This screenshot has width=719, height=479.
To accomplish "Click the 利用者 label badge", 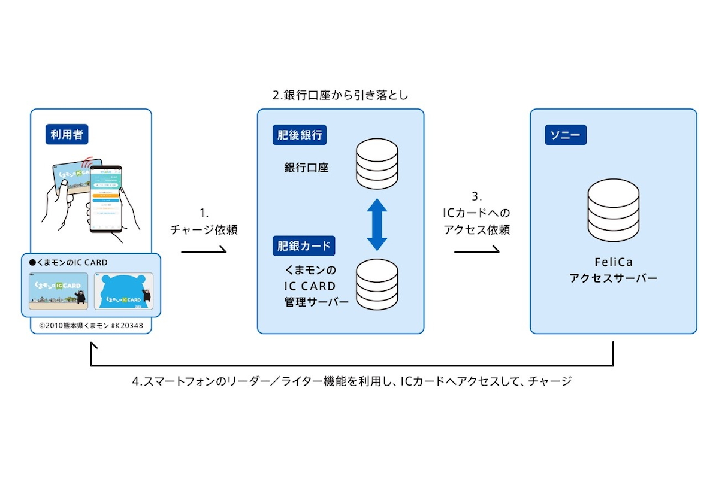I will point(67,135).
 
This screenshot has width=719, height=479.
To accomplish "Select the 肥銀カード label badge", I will point(303,245).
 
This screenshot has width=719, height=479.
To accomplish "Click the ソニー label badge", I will point(565,135).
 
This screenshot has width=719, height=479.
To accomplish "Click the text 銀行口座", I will point(306,168).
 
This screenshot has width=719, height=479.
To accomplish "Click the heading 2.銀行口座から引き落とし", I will point(340,95).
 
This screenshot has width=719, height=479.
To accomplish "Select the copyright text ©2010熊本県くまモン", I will point(90,326).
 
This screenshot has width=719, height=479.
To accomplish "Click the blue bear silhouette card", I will point(123,291).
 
